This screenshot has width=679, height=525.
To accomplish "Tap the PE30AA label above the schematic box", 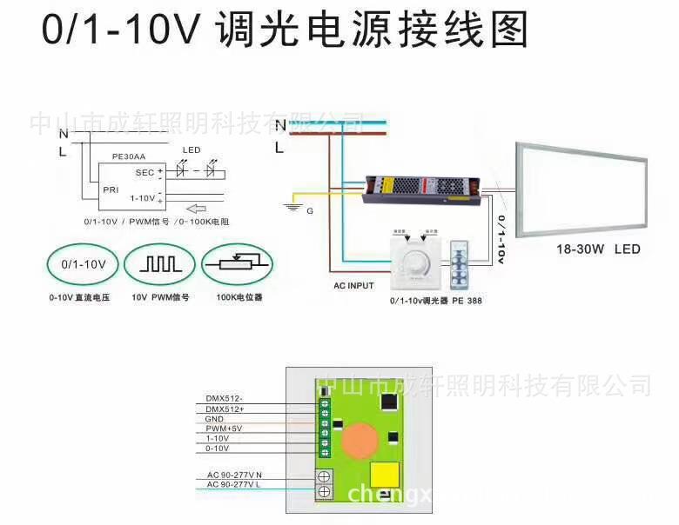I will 129,158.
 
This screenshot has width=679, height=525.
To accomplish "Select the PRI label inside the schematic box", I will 111,188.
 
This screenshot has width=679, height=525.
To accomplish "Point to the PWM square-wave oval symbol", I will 159,264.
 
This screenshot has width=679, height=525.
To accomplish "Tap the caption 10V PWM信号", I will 160,297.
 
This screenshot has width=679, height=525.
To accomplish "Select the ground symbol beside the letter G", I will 293,207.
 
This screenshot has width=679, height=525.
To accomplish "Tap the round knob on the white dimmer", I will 413,261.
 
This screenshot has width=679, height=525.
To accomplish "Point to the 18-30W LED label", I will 598,249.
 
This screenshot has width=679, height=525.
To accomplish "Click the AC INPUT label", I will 353,285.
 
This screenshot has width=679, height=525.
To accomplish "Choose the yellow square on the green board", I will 385,477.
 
